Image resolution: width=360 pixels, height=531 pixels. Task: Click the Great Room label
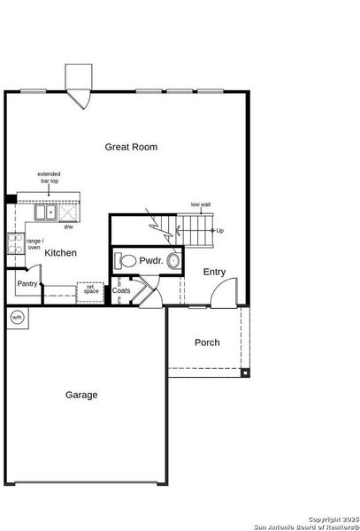(131, 147)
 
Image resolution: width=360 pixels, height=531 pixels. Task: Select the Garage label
(81, 395)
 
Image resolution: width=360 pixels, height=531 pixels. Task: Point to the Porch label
(207, 342)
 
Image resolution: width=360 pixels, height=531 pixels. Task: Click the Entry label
(214, 272)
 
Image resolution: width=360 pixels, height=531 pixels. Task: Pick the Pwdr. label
(149, 261)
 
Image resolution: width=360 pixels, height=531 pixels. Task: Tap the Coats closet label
(121, 290)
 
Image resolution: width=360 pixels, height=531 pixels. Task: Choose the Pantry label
(27, 284)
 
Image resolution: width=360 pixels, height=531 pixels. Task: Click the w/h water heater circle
(17, 317)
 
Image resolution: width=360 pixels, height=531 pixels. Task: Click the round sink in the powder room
(172, 261)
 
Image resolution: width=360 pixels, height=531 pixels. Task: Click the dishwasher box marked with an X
(70, 213)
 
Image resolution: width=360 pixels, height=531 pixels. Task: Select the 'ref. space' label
(91, 289)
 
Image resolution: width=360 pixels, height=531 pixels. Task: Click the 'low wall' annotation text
(200, 204)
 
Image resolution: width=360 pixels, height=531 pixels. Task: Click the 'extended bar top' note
(49, 178)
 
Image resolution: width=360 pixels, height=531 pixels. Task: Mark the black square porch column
(245, 374)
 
